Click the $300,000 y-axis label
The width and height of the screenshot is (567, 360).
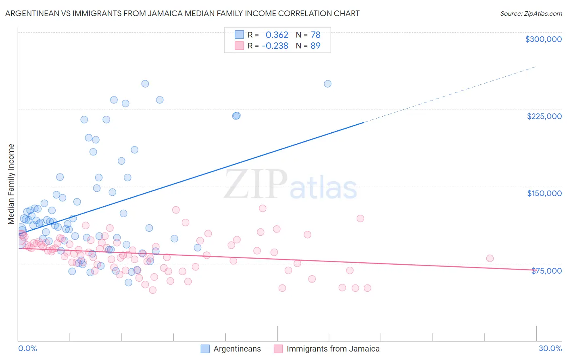tap(543, 39)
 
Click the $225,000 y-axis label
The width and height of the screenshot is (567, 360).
tap(544, 116)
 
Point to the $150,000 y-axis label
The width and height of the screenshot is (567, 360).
tap(544, 193)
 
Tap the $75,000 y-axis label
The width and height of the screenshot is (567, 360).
tap(546, 271)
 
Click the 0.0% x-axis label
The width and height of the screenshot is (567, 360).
tap(27, 348)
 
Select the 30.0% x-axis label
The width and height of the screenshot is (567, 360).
tap(550, 348)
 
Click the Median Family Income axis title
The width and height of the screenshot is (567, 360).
tap(11, 184)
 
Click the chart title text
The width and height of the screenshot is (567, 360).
tap(182, 13)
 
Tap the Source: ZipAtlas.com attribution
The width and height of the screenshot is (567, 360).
tap(531, 14)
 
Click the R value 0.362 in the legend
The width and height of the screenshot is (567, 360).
tap(277, 35)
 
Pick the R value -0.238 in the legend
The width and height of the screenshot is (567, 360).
tap(275, 46)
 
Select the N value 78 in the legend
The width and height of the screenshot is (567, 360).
tap(315, 35)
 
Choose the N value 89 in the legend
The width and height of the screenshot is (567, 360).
tap(315, 46)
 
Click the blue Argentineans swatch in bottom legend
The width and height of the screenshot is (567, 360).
tap(205, 349)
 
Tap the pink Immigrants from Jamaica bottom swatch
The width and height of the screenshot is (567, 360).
tap(278, 349)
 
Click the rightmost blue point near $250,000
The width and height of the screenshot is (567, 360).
tap(327, 84)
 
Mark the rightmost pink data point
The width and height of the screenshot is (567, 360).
tap(490, 258)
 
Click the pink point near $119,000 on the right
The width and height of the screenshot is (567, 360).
tap(360, 218)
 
